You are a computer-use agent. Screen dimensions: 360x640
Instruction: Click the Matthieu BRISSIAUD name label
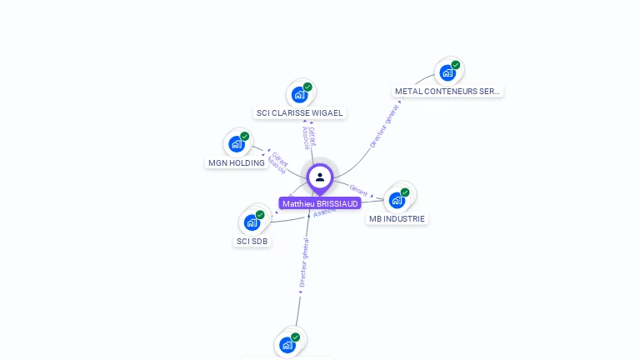pyautogui.click(x=320, y=203)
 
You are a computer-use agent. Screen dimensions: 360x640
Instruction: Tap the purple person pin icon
pyautogui.click(x=320, y=177)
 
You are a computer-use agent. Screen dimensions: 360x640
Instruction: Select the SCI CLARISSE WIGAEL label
pyautogui.click(x=299, y=112)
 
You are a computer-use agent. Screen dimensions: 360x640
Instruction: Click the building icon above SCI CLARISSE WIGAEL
pyautogui.click(x=300, y=94)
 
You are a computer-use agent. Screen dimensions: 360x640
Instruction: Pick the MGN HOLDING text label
pyautogui.click(x=237, y=162)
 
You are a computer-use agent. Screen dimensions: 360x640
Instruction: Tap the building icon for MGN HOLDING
pyautogui.click(x=237, y=144)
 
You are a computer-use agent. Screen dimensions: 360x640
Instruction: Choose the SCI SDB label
pyautogui.click(x=252, y=241)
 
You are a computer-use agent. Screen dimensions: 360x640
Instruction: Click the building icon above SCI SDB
pyautogui.click(x=252, y=222)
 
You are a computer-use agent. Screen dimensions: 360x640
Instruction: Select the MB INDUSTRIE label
pyautogui.click(x=397, y=218)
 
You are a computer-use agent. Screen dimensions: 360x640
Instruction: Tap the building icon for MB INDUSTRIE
pyautogui.click(x=397, y=200)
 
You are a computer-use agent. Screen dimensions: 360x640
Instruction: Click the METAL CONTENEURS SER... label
pyautogui.click(x=447, y=91)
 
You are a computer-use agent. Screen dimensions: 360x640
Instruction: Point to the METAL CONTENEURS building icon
pyautogui.click(x=447, y=72)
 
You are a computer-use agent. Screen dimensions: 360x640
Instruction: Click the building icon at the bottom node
pyautogui.click(x=287, y=344)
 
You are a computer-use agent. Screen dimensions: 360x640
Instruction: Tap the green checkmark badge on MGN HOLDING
pyautogui.click(x=244, y=137)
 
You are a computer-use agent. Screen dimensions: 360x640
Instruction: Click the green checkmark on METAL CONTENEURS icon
pyautogui.click(x=456, y=65)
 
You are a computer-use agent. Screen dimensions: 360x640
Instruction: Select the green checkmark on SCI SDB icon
pyautogui.click(x=260, y=215)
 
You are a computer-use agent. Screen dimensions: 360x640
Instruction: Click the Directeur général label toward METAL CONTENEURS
pyautogui.click(x=384, y=126)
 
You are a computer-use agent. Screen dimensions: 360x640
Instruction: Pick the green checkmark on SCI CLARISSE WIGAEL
pyautogui.click(x=307, y=87)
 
